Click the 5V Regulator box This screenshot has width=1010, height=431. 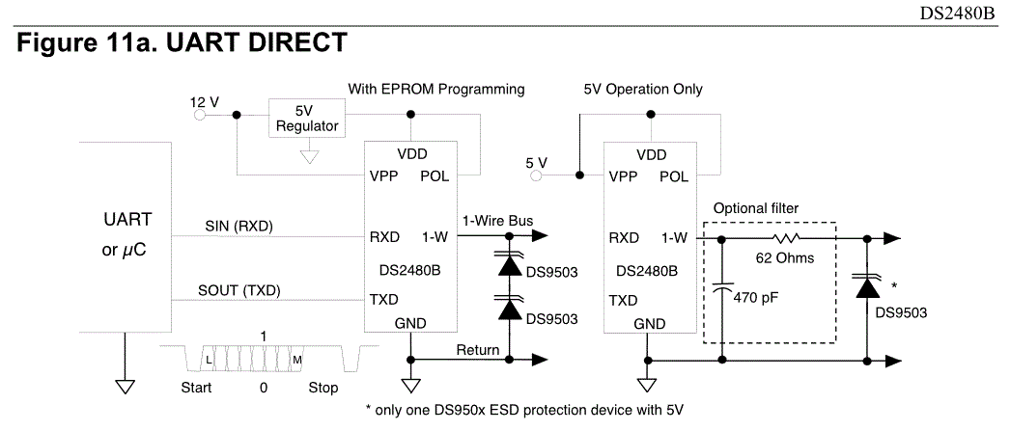coord(307,118)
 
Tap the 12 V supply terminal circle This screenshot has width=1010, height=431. coord(201,114)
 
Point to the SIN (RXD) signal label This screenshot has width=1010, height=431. coord(239,227)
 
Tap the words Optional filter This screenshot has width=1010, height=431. coord(756,208)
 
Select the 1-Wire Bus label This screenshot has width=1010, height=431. coord(497,219)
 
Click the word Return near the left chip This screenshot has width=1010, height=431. coord(478,350)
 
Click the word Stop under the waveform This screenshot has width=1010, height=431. coord(323,389)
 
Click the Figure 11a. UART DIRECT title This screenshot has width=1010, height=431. coord(182,43)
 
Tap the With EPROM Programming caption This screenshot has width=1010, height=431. coord(435,90)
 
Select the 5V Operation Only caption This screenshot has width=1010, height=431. coord(643,90)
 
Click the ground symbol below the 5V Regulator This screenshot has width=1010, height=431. coord(307,155)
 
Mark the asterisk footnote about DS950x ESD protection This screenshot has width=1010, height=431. coord(524,410)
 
